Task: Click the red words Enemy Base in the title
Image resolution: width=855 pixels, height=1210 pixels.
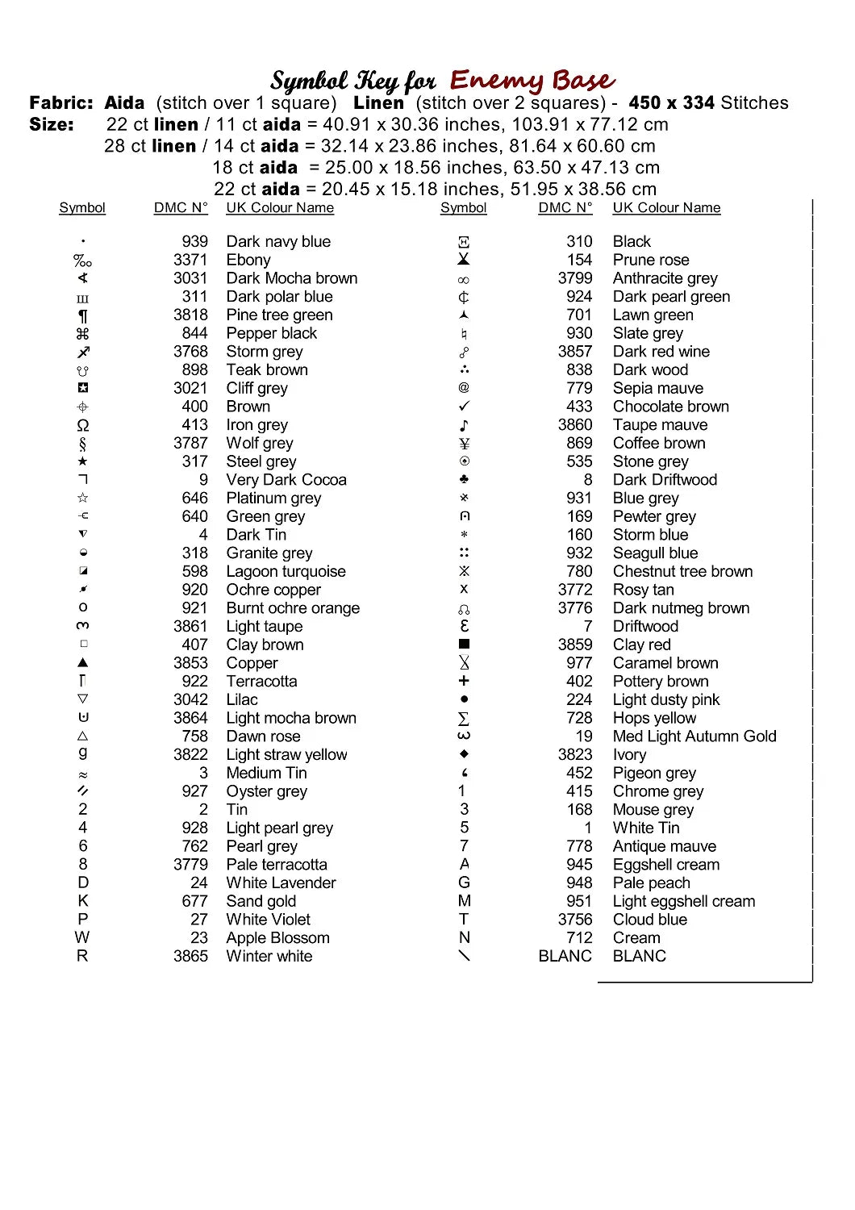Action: pyautogui.click(x=532, y=81)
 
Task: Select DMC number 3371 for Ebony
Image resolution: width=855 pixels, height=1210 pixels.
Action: pyautogui.click(x=190, y=260)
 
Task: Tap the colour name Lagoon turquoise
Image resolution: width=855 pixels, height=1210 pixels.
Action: pyautogui.click(x=286, y=571)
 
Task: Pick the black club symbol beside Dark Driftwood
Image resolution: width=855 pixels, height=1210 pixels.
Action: pyautogui.click(x=464, y=479)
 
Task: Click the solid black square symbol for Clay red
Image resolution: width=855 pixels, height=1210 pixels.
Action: pyautogui.click(x=464, y=645)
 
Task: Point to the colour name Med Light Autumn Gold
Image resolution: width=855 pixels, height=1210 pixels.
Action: pyautogui.click(x=694, y=736)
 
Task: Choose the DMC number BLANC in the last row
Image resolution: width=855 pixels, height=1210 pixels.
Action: pyautogui.click(x=565, y=956)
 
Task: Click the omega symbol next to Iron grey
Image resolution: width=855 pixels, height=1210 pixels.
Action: pyautogui.click(x=82, y=425)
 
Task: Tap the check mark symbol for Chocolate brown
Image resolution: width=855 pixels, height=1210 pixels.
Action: pyautogui.click(x=464, y=407)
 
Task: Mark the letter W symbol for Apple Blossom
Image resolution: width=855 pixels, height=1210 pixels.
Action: pyautogui.click(x=82, y=937)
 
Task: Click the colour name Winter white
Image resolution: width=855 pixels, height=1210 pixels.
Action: pyautogui.click(x=269, y=956)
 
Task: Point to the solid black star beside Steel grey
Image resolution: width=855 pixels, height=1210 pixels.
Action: pyautogui.click(x=82, y=461)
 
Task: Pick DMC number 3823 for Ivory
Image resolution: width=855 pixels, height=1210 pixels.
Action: pyautogui.click(x=575, y=754)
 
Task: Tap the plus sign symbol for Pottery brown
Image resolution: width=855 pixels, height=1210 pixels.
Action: pyautogui.click(x=464, y=681)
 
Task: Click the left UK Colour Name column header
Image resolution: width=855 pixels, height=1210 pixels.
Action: pyautogui.click(x=280, y=207)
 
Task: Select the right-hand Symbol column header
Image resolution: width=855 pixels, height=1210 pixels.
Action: pyautogui.click(x=464, y=207)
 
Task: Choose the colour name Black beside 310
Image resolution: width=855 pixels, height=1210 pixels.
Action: pyautogui.click(x=632, y=241)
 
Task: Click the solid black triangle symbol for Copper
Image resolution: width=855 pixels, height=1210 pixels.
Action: pyautogui.click(x=82, y=662)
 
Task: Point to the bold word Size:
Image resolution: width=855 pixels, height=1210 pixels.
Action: pyautogui.click(x=52, y=124)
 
